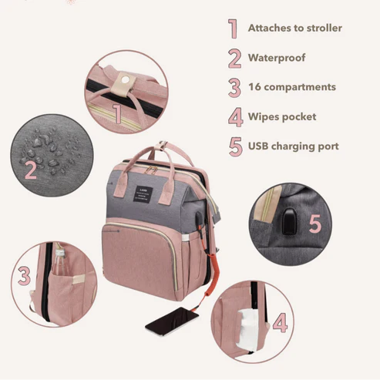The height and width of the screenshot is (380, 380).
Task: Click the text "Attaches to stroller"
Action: (x=294, y=28)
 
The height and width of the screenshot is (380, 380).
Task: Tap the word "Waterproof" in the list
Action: (x=277, y=58)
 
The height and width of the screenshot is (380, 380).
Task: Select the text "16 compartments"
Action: (x=292, y=87)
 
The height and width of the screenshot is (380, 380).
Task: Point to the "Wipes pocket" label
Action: (x=282, y=117)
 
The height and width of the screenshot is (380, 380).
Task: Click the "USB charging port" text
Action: (x=293, y=146)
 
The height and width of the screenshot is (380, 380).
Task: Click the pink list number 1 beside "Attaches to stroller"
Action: (x=234, y=29)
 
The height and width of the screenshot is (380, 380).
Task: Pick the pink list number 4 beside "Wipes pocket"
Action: (x=236, y=117)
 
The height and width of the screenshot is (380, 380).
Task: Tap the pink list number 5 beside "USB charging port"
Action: (x=236, y=146)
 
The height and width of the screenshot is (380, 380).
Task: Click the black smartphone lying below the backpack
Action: (x=172, y=321)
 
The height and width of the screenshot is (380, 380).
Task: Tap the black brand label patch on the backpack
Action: (x=143, y=193)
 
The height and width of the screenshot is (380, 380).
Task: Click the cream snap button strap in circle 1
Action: (x=123, y=83)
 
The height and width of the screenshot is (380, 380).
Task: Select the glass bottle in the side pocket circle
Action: (x=59, y=262)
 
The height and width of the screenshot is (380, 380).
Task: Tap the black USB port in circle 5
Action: (x=289, y=222)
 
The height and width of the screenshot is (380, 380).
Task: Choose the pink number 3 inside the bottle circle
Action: (x=24, y=276)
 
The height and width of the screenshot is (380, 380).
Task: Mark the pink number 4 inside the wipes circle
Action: (x=280, y=322)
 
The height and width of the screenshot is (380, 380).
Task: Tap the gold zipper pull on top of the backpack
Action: (x=153, y=170)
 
